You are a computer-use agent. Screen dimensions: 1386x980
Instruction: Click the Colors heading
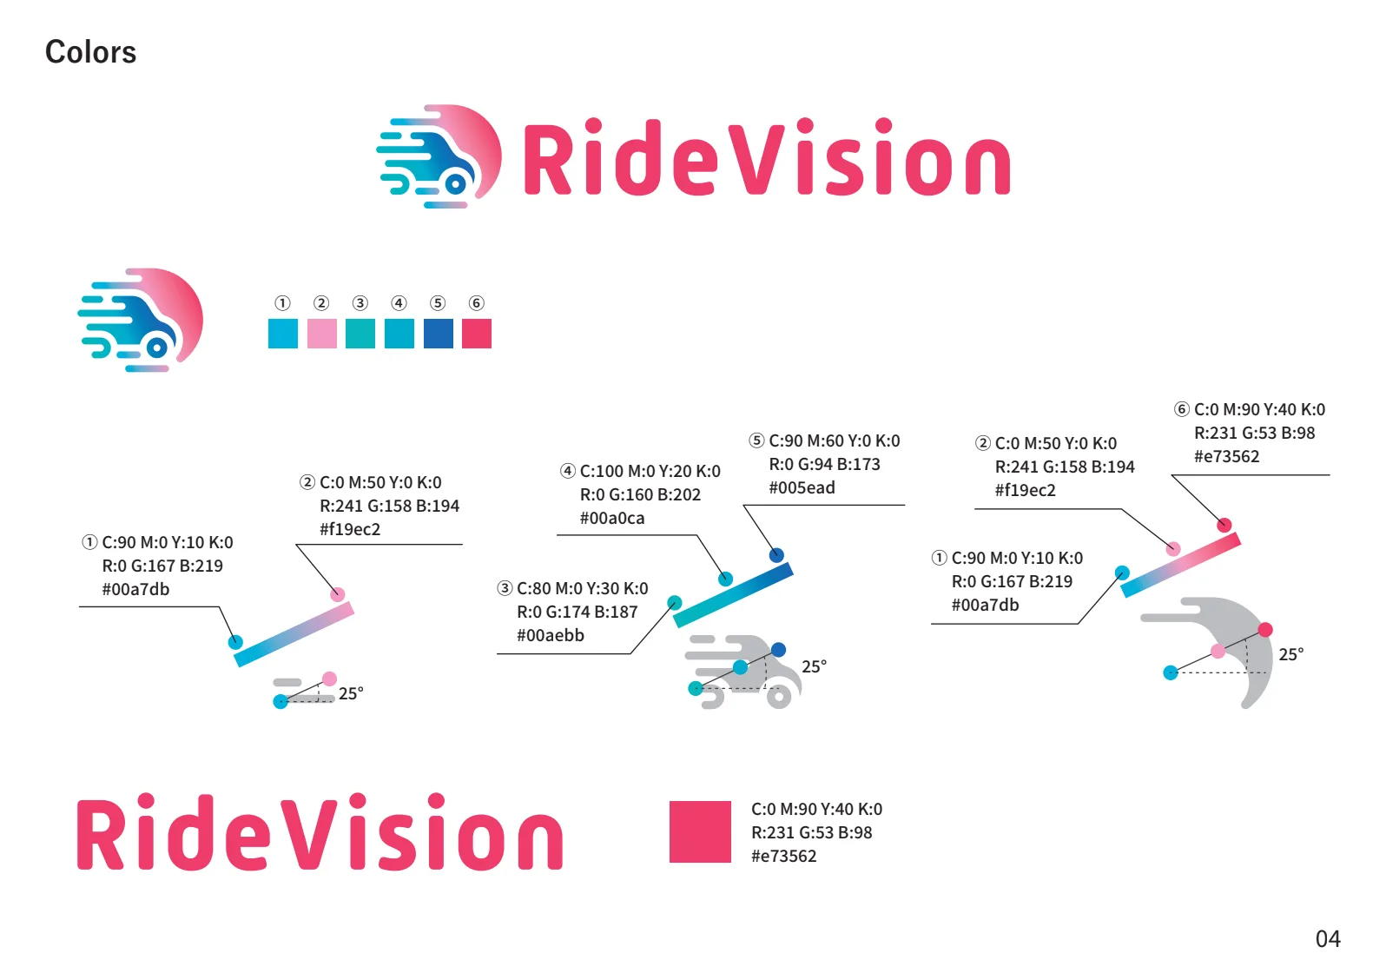[90, 52]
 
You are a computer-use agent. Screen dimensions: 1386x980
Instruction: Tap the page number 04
[1328, 939]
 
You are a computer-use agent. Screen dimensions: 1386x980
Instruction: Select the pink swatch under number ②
[321, 334]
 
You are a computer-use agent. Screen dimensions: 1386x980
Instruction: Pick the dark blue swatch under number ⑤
[438, 334]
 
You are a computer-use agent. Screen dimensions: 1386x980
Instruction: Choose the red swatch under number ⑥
[477, 334]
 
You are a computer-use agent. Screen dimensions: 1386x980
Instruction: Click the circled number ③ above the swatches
[360, 302]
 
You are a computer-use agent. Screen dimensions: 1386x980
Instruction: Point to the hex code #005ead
[802, 488]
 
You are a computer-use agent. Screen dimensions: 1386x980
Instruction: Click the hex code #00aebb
[550, 635]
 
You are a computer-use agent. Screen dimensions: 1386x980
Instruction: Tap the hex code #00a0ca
[612, 518]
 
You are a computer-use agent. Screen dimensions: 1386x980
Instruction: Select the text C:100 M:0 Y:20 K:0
[650, 471]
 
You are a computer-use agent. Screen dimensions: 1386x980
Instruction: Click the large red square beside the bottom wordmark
[700, 831]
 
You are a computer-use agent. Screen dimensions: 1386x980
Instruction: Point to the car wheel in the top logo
[456, 184]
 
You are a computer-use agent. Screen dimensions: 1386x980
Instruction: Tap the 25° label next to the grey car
[814, 666]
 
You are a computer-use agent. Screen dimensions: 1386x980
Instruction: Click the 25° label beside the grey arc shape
[1290, 654]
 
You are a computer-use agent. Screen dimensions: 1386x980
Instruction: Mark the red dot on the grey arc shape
[1265, 630]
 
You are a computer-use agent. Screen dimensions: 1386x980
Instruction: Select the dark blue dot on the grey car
[778, 649]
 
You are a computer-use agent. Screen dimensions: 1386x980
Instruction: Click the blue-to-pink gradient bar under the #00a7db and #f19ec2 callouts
[294, 636]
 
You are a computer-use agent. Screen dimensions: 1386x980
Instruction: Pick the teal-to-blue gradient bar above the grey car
[733, 595]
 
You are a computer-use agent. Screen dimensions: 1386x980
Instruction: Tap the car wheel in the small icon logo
[157, 348]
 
